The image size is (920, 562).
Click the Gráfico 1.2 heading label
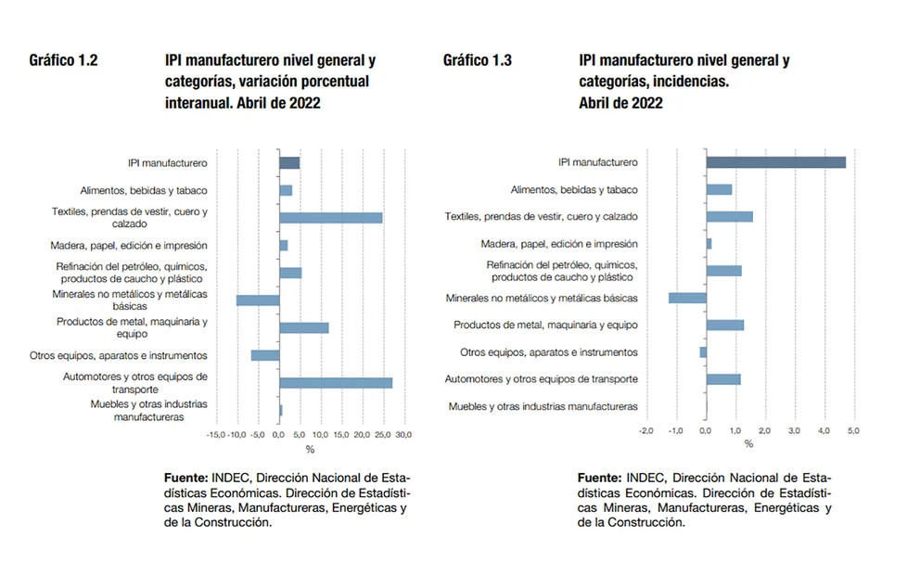pos(63,61)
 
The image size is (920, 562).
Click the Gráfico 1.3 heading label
pos(477,61)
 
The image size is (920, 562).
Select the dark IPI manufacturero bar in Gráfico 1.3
pos(775,162)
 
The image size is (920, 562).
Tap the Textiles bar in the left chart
pos(331,218)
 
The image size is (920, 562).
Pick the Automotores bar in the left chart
pos(336,383)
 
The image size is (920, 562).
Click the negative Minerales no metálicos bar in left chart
pos(258,300)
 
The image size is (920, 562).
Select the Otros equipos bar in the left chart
pos(265,355)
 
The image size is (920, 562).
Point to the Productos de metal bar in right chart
pos(724,325)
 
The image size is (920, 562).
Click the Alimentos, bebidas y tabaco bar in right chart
pos(719,190)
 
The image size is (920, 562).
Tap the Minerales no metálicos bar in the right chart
pos(687,298)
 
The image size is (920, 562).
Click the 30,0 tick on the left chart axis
pos(404,434)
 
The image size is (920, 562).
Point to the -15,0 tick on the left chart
pos(215,434)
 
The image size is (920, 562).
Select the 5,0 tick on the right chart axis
pos(853,430)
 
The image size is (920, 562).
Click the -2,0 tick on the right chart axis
pos(646,430)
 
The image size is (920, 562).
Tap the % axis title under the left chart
pos(310,450)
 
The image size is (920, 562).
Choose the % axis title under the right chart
pos(748,444)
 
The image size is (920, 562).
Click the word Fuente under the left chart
pos(185,477)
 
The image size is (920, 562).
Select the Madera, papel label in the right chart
pos(558,244)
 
